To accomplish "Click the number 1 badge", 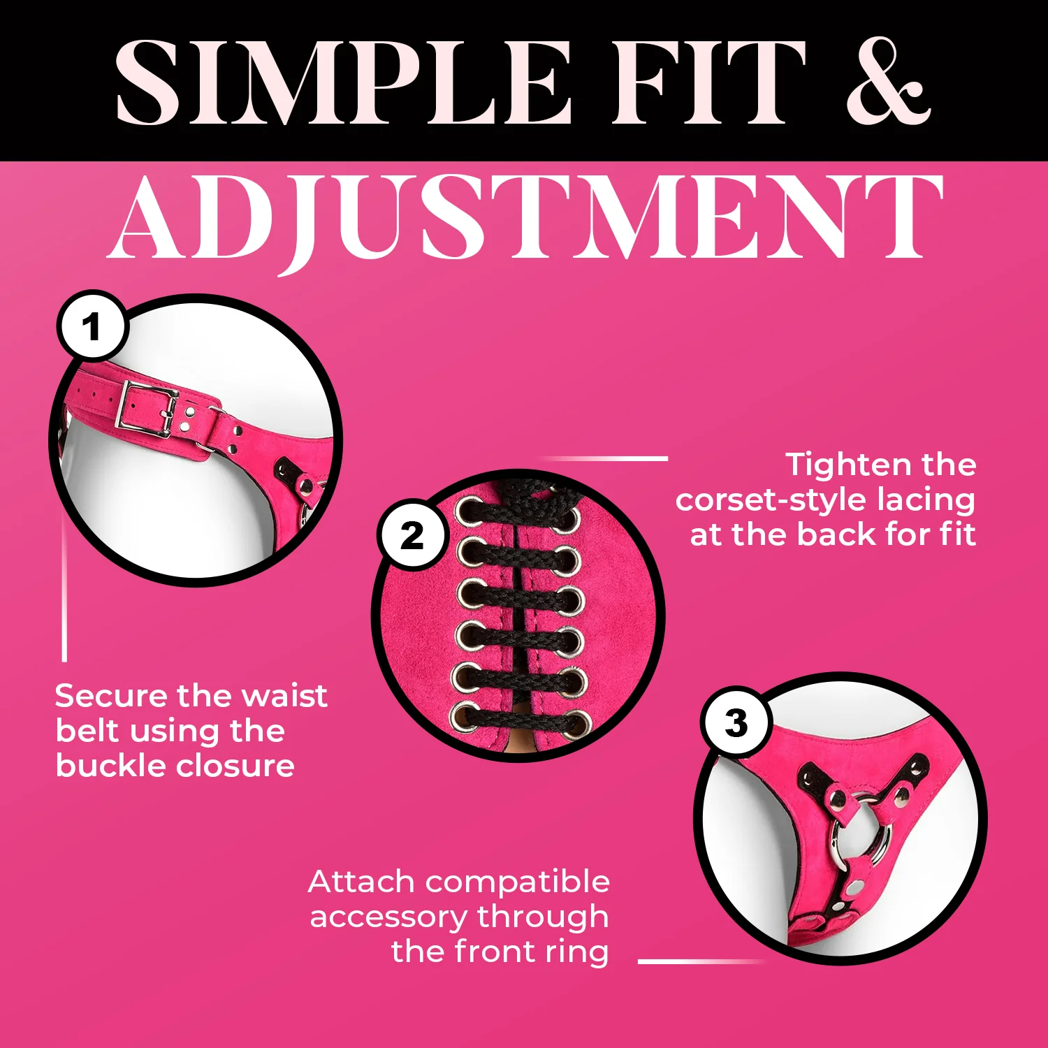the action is tap(92, 326).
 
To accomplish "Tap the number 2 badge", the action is tap(412, 535).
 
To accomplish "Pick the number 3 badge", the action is tap(736, 722).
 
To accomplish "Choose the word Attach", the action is tap(362, 882).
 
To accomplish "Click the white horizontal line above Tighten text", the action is tap(605, 458).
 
